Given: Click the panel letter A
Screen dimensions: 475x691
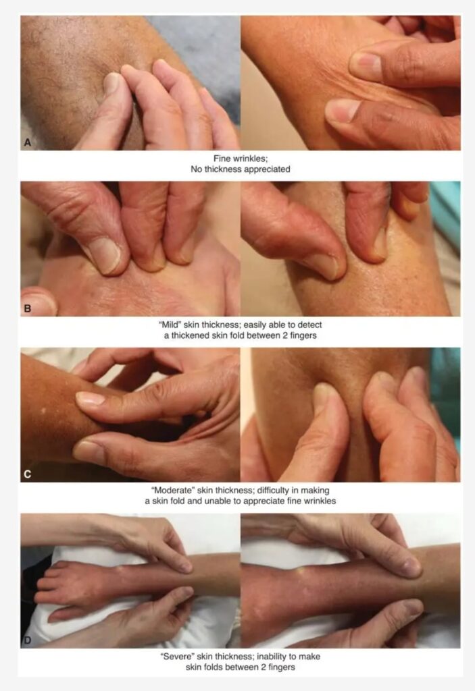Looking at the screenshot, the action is click(28, 142).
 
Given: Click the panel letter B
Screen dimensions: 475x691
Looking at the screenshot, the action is click(28, 308).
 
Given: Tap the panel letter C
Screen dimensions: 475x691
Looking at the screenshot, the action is click(28, 474).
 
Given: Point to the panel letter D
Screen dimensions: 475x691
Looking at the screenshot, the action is click(28, 640).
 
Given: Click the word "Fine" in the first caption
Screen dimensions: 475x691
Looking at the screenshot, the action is click(222, 158).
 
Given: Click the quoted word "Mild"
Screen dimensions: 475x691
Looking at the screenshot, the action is click(170, 325).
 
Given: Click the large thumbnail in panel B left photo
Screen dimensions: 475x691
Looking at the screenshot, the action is click(104, 256).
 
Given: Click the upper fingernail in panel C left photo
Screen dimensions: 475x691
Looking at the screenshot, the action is click(90, 399).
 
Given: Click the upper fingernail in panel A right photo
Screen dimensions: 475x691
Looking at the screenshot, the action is click(365, 64).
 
